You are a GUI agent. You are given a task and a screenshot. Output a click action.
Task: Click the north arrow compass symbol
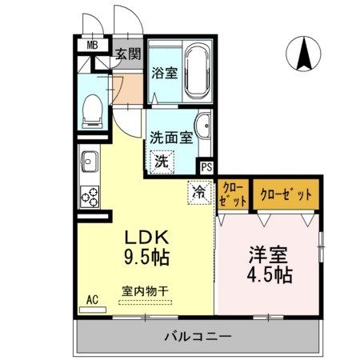(305, 54)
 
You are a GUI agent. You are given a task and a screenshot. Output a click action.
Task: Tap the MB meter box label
(94, 46)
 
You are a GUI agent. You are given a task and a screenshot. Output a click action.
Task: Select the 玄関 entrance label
(127, 54)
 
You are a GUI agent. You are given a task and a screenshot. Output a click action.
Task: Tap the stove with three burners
(88, 194)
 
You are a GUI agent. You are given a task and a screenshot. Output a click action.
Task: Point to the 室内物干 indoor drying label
(144, 292)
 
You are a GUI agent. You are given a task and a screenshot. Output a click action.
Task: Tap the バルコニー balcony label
(199, 336)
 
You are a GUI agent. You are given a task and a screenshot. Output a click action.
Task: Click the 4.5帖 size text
(269, 276)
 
